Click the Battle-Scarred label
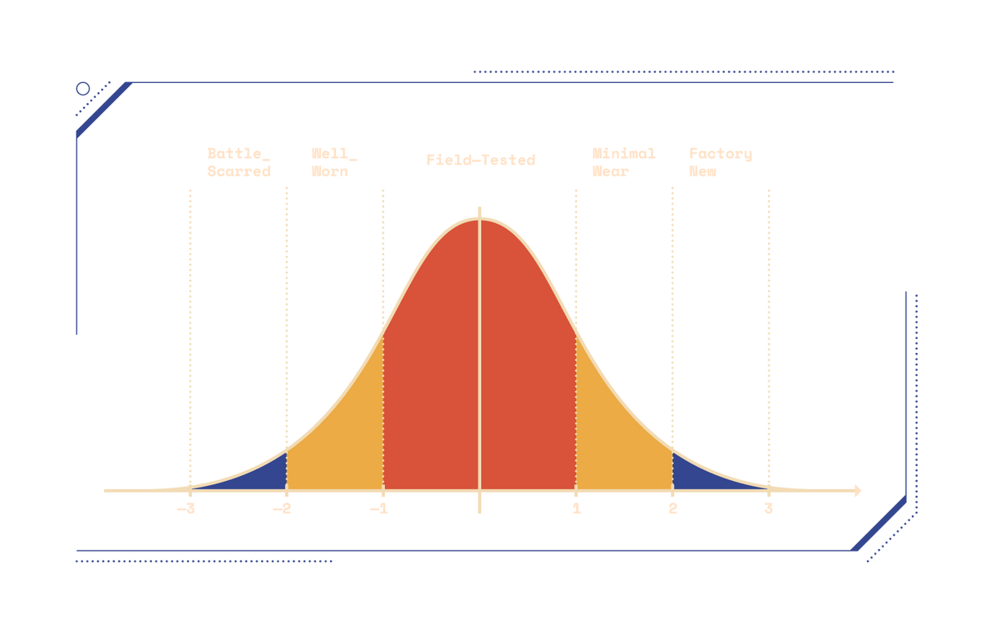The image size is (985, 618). tap(237, 163)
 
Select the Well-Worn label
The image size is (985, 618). tap(333, 163)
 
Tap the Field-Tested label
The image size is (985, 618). tap(480, 160)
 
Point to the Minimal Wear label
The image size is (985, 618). tap(624, 163)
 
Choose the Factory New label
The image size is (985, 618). tap(720, 163)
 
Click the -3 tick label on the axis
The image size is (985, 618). tap(187, 510)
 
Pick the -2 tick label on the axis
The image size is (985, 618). tap(283, 510)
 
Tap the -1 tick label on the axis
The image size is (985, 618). tap(379, 510)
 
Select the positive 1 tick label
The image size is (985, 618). tap(575, 510)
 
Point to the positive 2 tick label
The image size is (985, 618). tap(672, 510)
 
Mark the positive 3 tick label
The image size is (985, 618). tap(768, 510)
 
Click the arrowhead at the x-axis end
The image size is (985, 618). tap(859, 491)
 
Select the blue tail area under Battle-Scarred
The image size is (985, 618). tap(263, 474)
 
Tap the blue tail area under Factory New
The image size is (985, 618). tap(698, 474)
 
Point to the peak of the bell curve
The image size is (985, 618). tap(480, 217)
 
